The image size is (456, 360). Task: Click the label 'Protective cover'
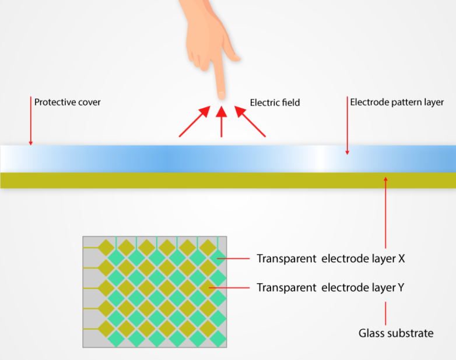[x=67, y=103]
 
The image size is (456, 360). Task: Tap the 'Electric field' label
[x=275, y=103]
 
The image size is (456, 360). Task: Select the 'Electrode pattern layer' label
[x=397, y=103]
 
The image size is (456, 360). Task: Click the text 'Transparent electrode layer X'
[x=331, y=259]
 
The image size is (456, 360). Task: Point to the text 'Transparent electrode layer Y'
[x=331, y=287]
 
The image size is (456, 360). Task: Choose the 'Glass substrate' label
[x=396, y=334]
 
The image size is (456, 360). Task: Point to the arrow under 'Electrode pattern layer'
[x=348, y=125]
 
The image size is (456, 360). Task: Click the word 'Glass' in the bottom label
[x=370, y=334]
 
